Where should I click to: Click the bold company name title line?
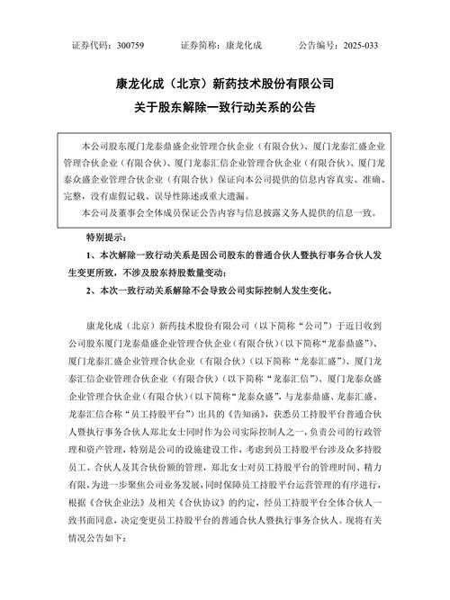click(225, 86)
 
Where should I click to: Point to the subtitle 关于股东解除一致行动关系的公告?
click(225, 110)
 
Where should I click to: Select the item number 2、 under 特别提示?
click(91, 291)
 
